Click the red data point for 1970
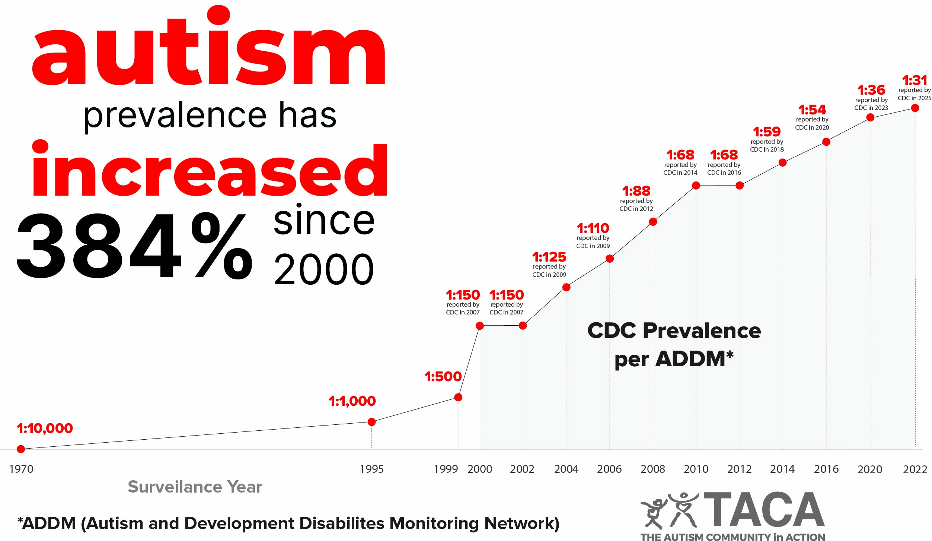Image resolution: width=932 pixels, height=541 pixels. [21, 449]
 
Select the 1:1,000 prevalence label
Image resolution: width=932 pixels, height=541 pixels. [352, 401]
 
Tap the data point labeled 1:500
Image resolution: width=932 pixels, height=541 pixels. [458, 397]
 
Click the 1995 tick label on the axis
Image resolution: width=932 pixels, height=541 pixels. [371, 469]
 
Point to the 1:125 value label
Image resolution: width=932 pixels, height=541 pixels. [549, 257]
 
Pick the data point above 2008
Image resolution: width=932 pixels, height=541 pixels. [653, 222]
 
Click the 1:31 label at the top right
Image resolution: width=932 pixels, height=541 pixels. [914, 80]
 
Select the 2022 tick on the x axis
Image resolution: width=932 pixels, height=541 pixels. [915, 469]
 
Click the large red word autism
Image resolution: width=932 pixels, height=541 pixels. [208, 48]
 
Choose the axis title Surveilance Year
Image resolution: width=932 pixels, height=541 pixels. [195, 487]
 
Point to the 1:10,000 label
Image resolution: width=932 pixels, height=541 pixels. [45, 428]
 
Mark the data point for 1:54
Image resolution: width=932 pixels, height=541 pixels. [826, 142]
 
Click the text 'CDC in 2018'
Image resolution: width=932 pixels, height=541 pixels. [767, 149]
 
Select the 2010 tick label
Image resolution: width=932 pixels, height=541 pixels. [696, 469]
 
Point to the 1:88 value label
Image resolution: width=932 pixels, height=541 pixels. [636, 191]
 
